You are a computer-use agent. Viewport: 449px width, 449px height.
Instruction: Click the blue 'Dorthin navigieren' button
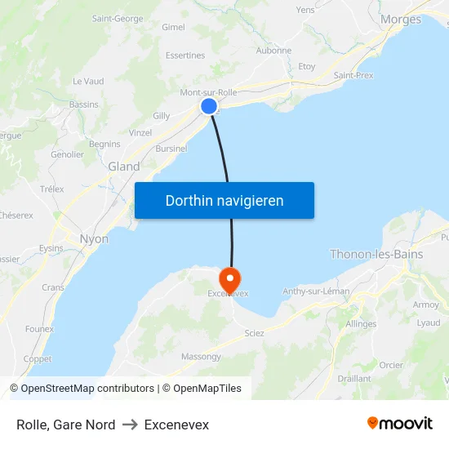coord(224,200)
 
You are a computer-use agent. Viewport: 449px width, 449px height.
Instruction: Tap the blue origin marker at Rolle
coord(209,106)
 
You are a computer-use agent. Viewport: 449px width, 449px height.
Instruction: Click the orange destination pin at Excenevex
coord(230,278)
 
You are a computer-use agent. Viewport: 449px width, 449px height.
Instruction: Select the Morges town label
coord(401,20)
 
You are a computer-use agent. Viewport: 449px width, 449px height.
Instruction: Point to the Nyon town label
coord(94,239)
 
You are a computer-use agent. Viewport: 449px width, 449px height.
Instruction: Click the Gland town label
coord(124,167)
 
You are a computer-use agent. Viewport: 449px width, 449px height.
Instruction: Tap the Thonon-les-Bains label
coord(376,254)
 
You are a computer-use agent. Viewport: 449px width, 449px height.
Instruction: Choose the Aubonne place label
coord(273,51)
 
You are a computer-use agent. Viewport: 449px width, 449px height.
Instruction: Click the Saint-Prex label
coord(353,75)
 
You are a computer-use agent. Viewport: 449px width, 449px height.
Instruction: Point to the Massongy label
coord(201,357)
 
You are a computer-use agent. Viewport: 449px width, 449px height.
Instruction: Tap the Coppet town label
coord(37,359)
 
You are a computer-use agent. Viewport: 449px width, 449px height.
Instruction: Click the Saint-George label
coord(118,18)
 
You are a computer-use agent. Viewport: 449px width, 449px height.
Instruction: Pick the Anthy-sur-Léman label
coord(316,291)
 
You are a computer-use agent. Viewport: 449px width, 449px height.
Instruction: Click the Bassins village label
coord(84,104)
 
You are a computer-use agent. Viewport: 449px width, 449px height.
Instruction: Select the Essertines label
coord(185,56)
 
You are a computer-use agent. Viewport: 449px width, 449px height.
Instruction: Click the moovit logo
coord(400,424)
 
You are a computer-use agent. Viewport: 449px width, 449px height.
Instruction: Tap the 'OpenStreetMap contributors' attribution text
coord(87,389)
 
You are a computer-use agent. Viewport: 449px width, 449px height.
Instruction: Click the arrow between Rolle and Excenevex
coord(129,425)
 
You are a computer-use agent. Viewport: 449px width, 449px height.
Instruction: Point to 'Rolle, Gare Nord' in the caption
coord(65,425)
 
